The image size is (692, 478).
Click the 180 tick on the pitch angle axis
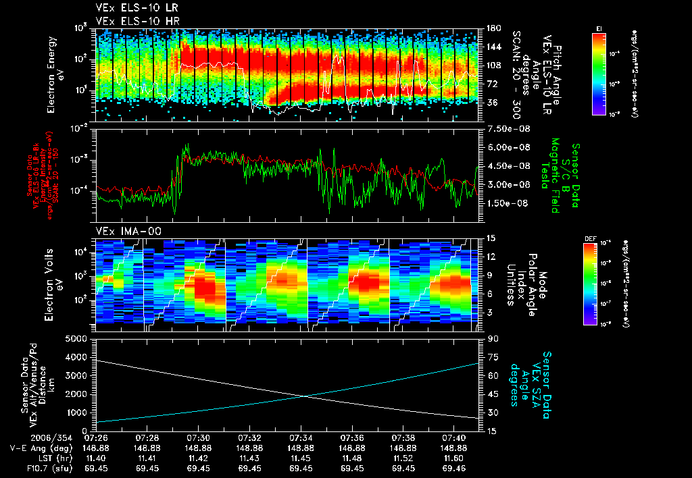pos(489,28)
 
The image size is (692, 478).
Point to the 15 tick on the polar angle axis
pos(485,238)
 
